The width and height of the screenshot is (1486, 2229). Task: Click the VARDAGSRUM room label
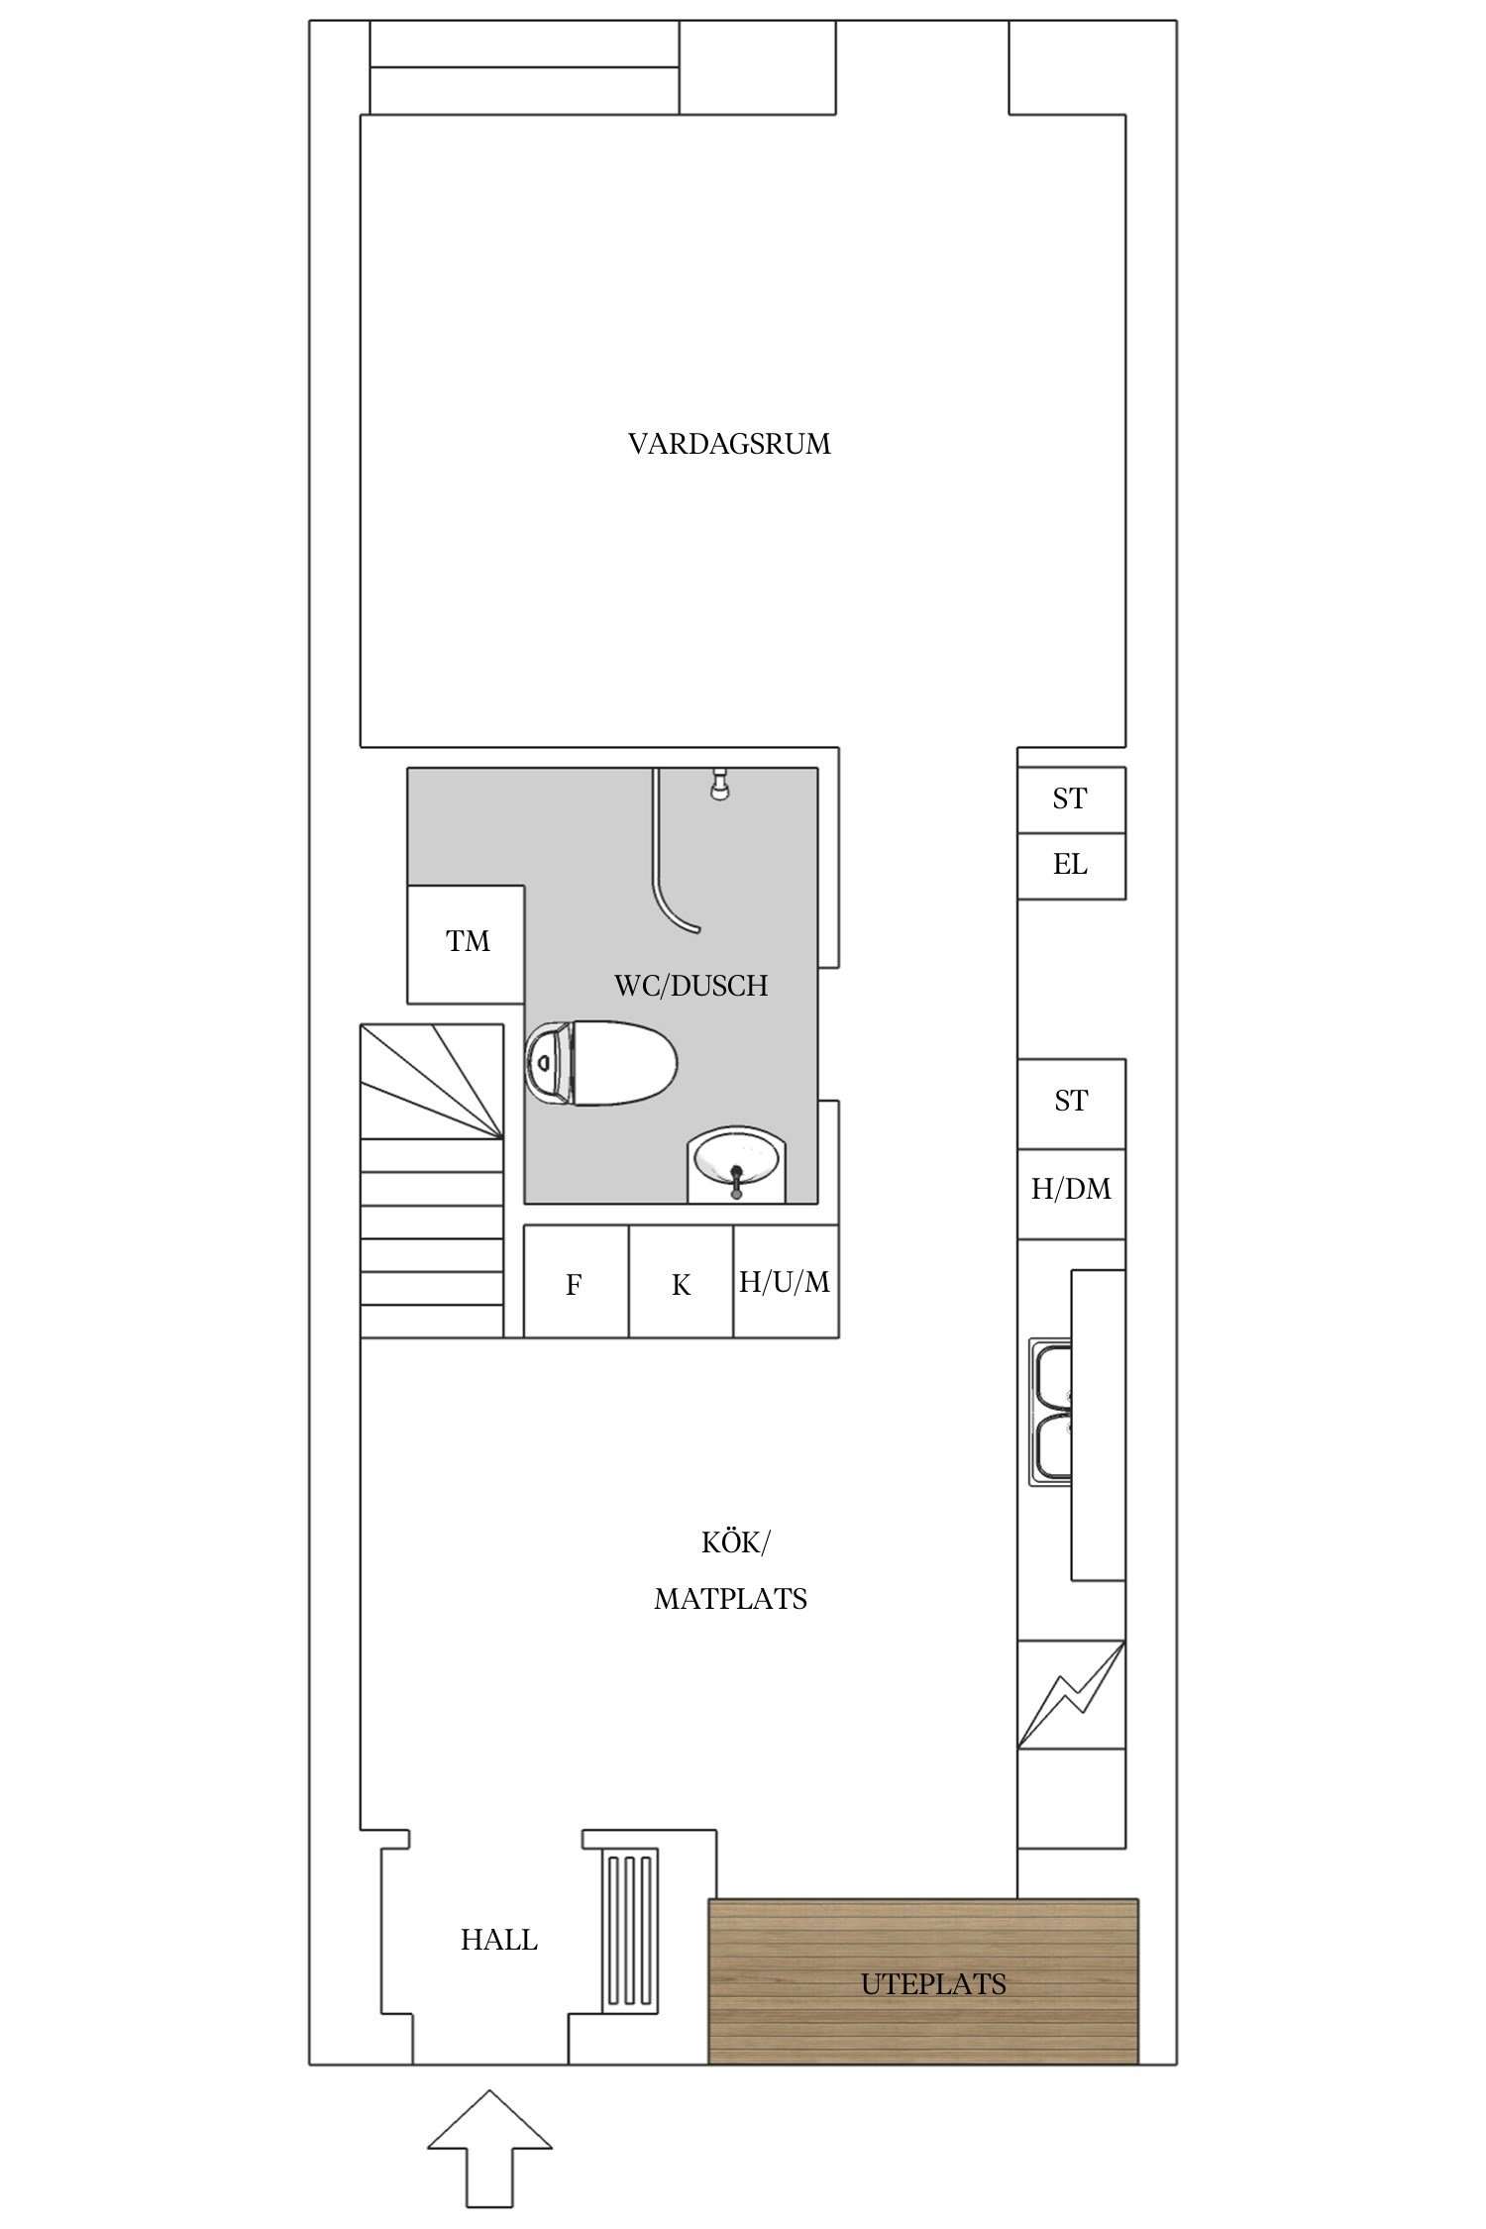click(x=729, y=444)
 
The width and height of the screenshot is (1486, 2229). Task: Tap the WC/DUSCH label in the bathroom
click(x=690, y=986)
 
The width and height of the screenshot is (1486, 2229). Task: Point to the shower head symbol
click(x=719, y=785)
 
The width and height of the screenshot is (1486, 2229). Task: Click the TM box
click(x=467, y=942)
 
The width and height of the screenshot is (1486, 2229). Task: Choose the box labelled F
click(x=575, y=1284)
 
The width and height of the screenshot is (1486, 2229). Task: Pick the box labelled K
click(x=681, y=1284)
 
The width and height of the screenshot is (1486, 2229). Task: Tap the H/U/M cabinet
click(x=786, y=1282)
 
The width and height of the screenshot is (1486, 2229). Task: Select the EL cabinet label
click(x=1070, y=865)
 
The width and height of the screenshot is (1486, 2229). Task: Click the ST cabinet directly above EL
click(x=1070, y=798)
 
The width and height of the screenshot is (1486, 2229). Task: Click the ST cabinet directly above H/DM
click(x=1070, y=1102)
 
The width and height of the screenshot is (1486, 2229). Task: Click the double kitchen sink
click(x=1050, y=1414)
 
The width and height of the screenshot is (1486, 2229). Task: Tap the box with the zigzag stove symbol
click(x=1070, y=1695)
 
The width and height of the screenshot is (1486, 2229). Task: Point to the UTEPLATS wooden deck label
click(x=932, y=1983)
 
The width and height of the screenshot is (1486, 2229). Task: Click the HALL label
click(x=498, y=1940)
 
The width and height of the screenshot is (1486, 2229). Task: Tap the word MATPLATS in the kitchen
click(x=730, y=1599)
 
